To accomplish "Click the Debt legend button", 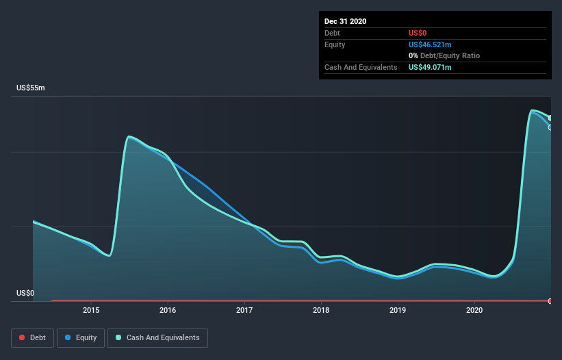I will [31, 337].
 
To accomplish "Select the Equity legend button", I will [81, 337].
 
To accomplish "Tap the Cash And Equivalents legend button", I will [157, 337].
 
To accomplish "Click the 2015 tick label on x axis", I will [91, 310].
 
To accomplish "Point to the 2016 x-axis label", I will [168, 310].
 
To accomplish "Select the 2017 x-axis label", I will [244, 310].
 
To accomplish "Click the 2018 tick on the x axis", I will [321, 310].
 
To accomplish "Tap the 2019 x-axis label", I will [398, 310].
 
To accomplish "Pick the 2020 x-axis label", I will [474, 310].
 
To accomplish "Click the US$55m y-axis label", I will [30, 88].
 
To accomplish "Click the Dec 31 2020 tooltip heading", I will [345, 21].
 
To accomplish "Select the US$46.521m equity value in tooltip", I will [430, 44].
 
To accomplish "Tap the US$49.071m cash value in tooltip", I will [430, 67].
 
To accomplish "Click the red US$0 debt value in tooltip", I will [418, 33].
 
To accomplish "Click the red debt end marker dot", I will [550, 301].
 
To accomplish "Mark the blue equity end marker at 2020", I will [550, 127].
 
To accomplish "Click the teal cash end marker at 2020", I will [550, 118].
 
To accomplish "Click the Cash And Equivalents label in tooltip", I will [361, 67].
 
